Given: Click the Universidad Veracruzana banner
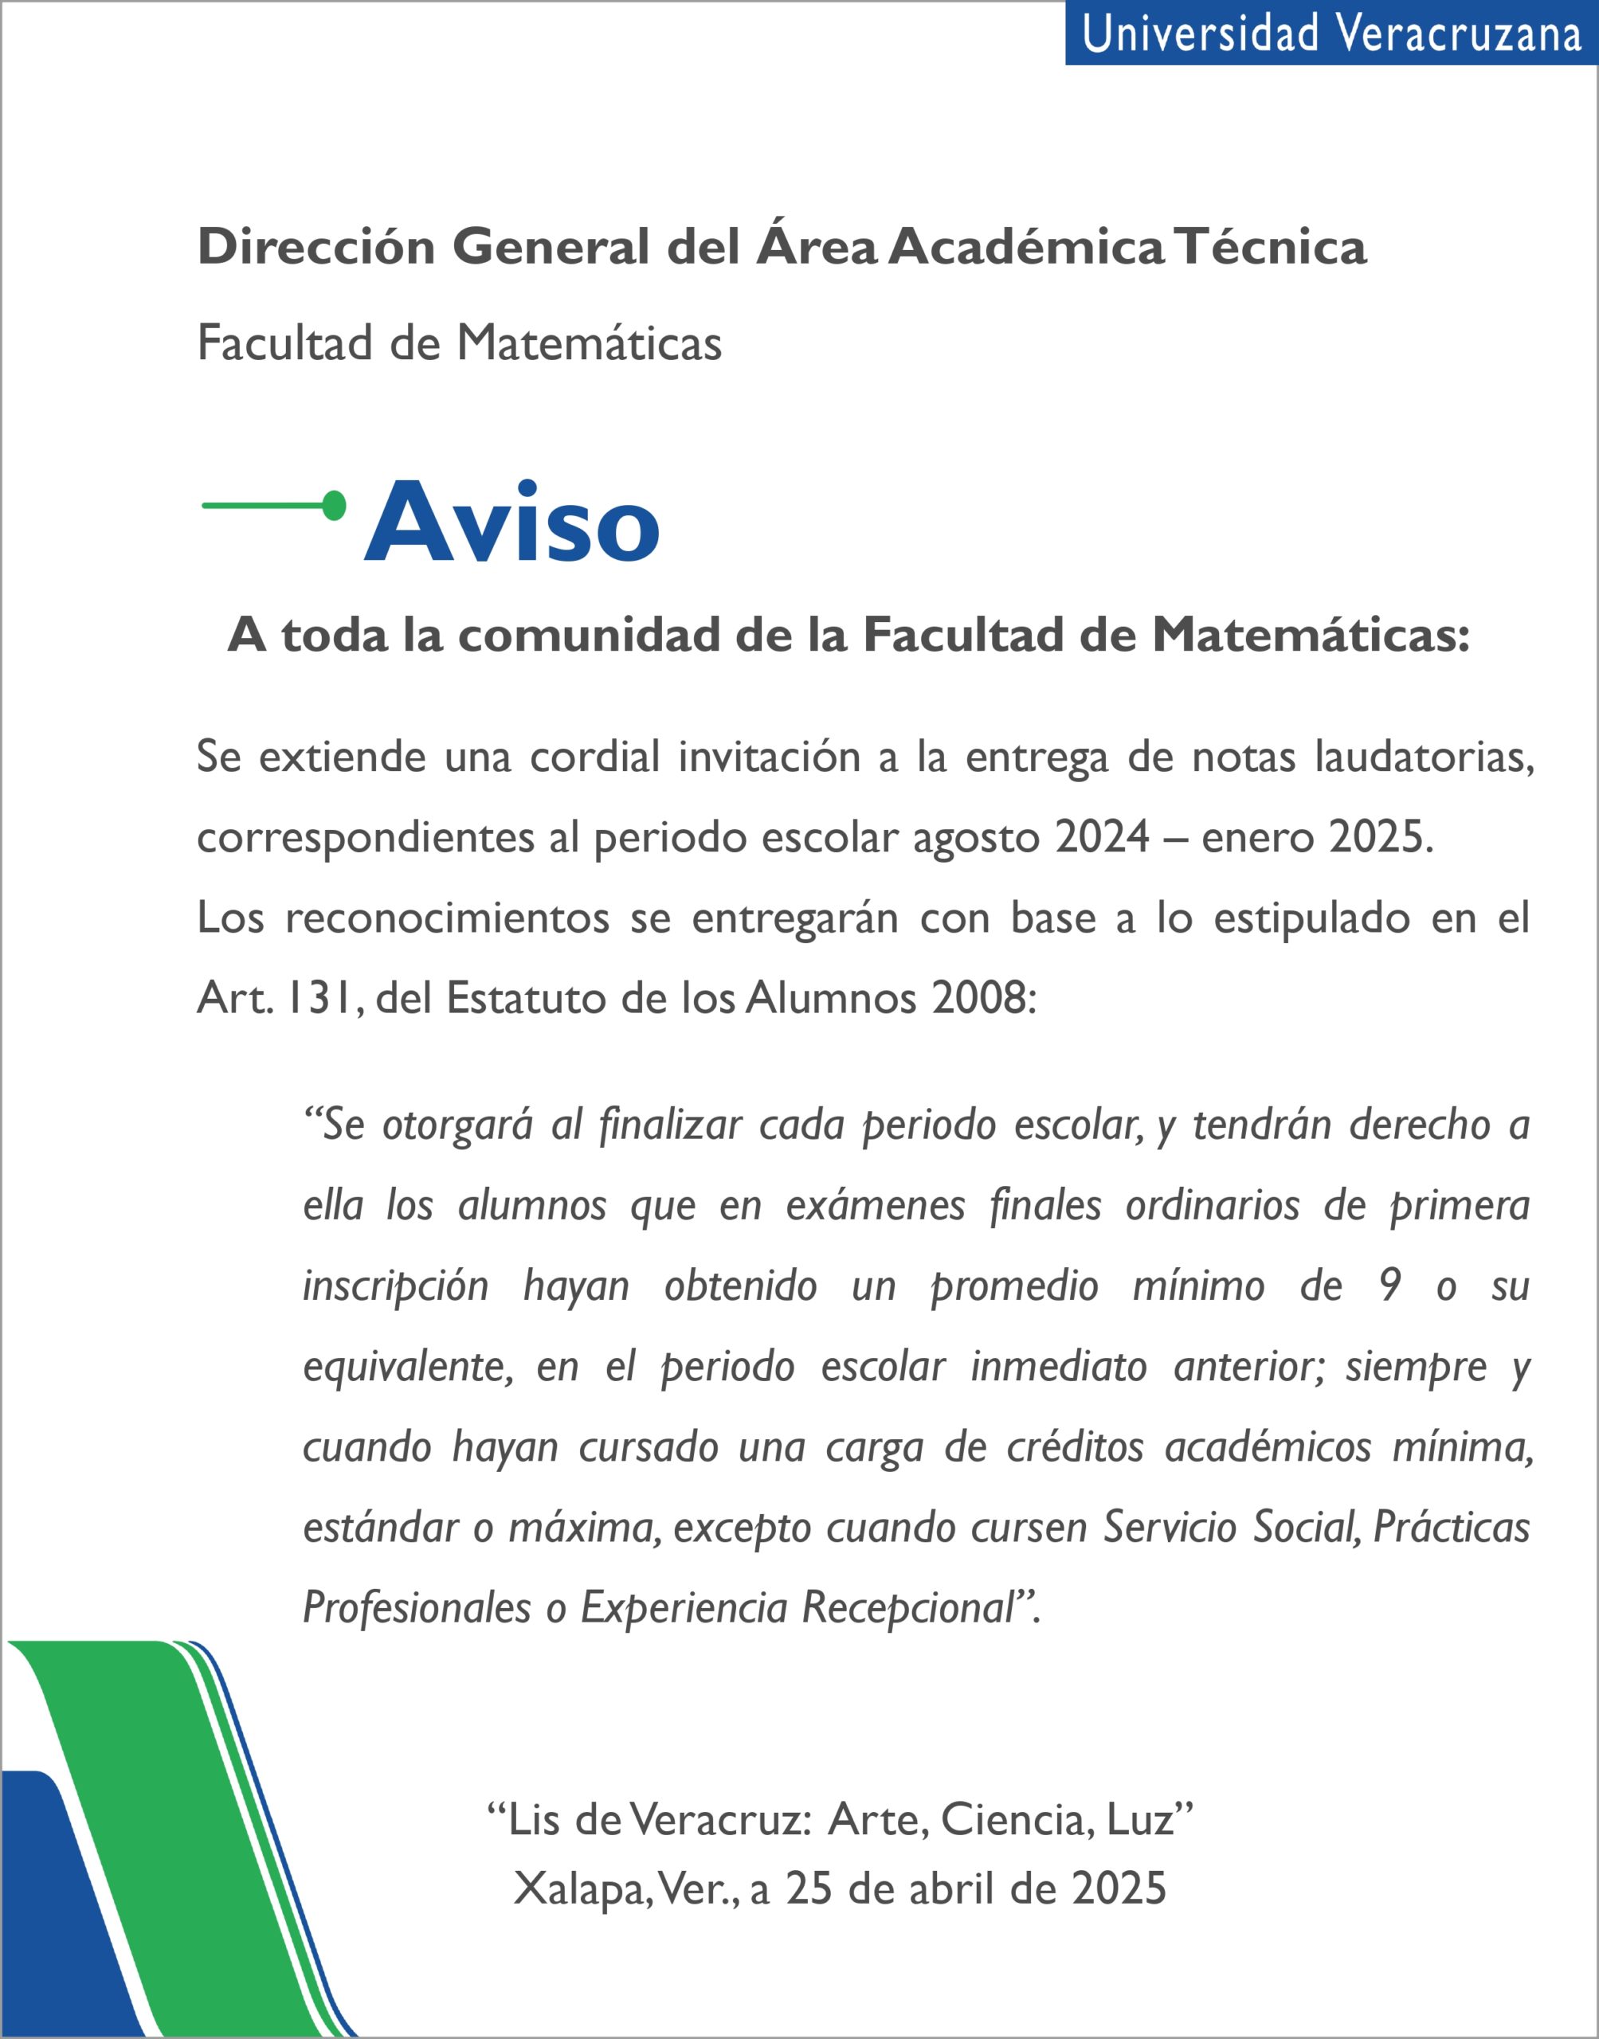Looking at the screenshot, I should [x=1331, y=33].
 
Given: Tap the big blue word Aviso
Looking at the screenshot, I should [x=512, y=522].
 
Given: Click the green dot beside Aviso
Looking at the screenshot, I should [x=334, y=505].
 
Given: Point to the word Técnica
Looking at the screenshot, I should [x=1272, y=247].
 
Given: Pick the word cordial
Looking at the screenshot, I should [x=594, y=756].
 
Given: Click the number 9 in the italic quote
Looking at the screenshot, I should [x=1389, y=1286].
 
